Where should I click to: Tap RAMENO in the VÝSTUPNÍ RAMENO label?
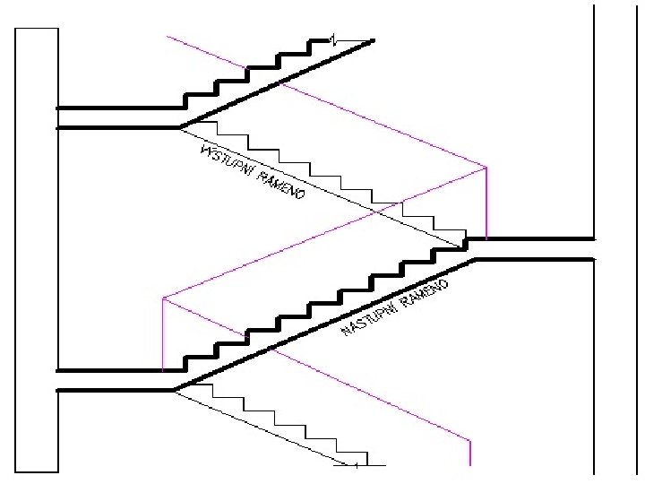pos(280,186)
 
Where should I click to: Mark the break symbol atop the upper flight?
pos(333,39)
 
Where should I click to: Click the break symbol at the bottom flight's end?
pos(356,466)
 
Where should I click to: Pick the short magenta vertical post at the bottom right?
pos(470,452)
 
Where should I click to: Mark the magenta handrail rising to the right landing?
pos(322,232)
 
